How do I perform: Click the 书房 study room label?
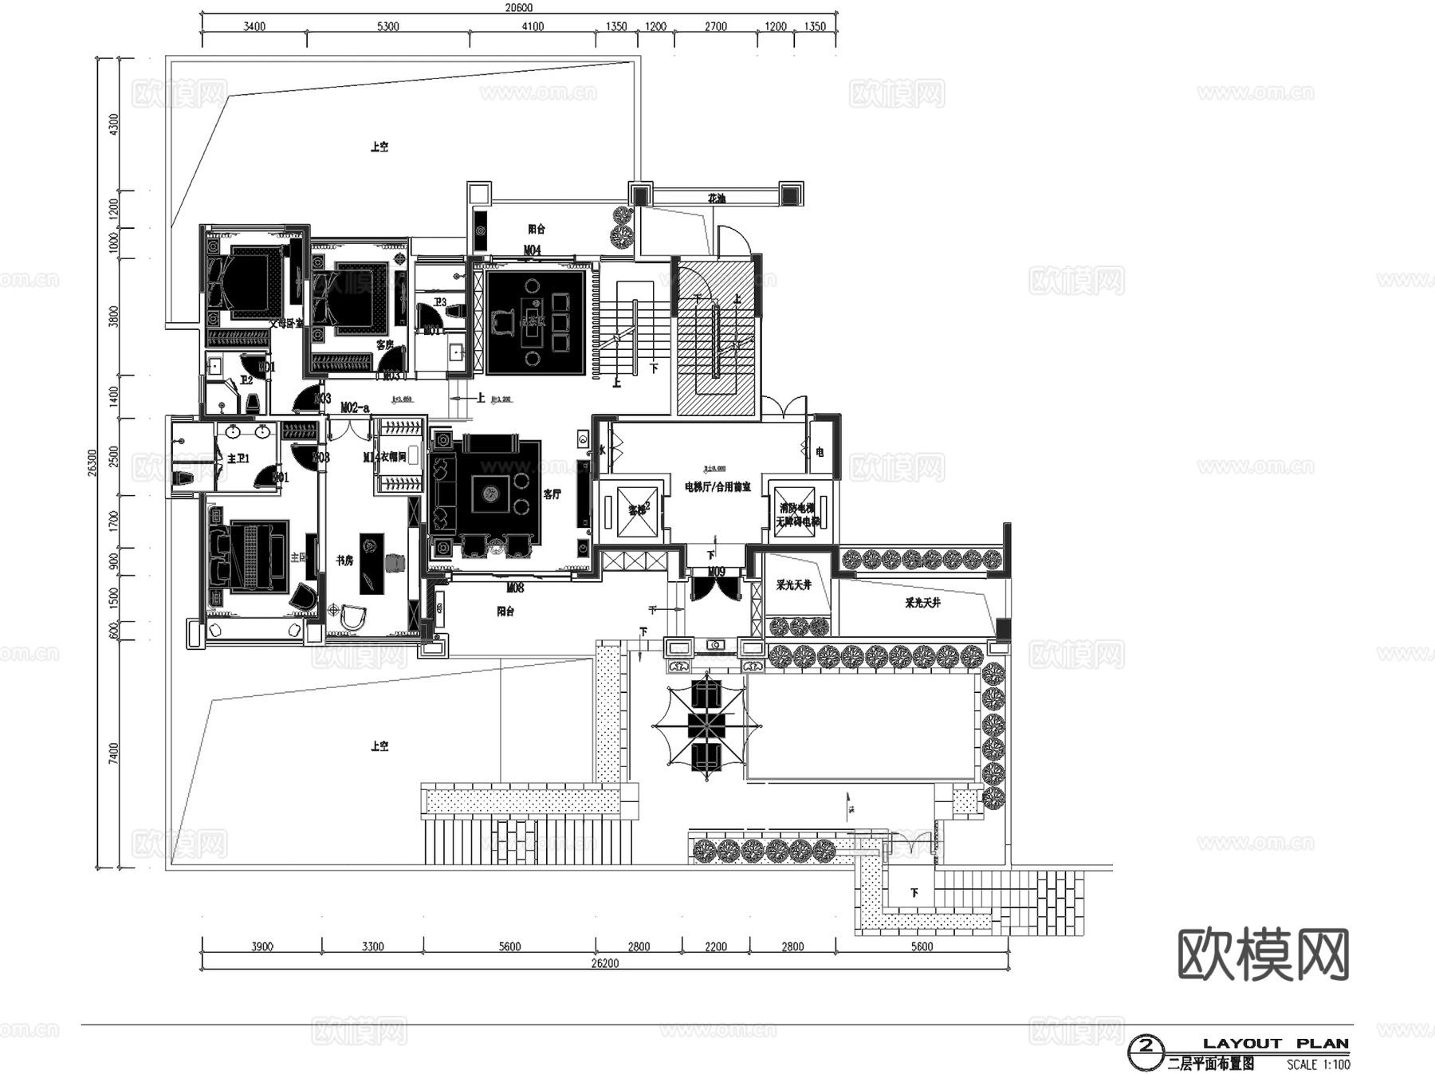(x=344, y=561)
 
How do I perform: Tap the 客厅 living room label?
(x=552, y=494)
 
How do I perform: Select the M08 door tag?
(x=515, y=588)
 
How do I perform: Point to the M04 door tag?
(x=532, y=250)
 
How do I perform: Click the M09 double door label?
(x=716, y=572)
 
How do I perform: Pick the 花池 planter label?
(x=717, y=198)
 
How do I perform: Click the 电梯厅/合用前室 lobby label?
(x=717, y=486)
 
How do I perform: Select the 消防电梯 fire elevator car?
(x=796, y=509)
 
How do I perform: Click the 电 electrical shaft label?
(x=820, y=452)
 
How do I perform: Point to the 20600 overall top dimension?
(x=518, y=8)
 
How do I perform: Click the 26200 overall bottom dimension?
(x=605, y=963)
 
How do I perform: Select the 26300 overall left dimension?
(x=92, y=462)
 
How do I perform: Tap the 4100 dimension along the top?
(x=533, y=26)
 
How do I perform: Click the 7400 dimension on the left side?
(x=113, y=753)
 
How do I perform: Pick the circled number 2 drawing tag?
(x=1146, y=1045)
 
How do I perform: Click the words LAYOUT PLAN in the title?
(x=1276, y=1044)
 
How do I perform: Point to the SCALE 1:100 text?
(x=1319, y=1064)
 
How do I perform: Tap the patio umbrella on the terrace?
(x=706, y=725)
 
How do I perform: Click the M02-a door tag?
(x=355, y=408)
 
